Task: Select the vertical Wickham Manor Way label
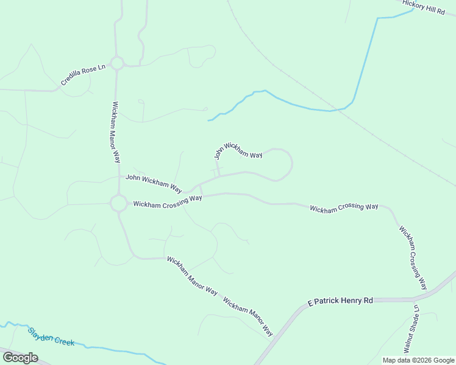pos(116,132)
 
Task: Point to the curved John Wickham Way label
pos(238,150)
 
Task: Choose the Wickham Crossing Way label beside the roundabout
pos(168,202)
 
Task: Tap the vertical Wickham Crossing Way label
pos(413,258)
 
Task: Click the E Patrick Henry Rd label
pos(340,301)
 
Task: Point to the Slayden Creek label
pos(51,337)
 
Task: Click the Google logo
pos(20,358)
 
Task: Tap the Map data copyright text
pos(418,360)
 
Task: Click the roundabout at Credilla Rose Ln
pos(117,63)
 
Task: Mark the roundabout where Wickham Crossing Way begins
pos(119,203)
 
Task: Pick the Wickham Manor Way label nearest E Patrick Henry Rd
pos(248,318)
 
